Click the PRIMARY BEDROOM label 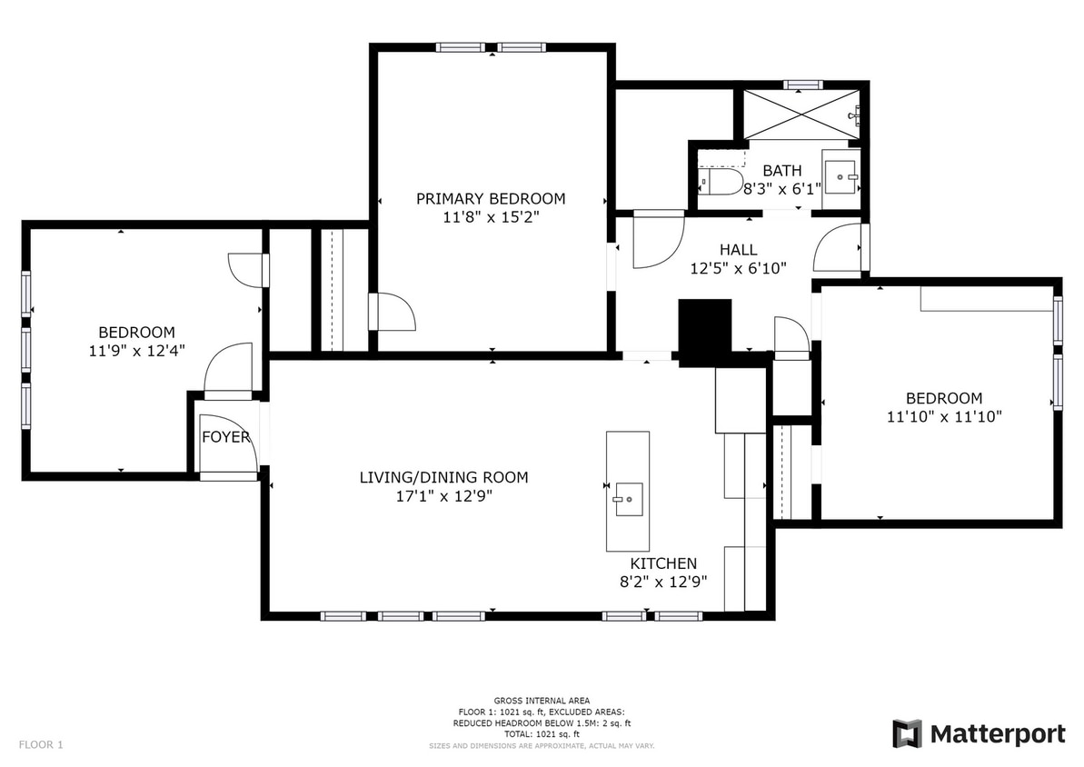[491, 198]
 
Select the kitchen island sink [629, 499]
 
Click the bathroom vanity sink [840, 177]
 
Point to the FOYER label [226, 437]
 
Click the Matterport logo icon [907, 733]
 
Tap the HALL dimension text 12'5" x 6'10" [739, 268]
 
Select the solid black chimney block [705, 332]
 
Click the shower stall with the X [802, 114]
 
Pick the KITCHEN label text [663, 563]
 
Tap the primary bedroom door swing [392, 312]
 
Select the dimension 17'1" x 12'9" [443, 496]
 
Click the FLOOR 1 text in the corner [41, 745]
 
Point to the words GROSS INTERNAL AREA [542, 701]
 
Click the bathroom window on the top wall [802, 85]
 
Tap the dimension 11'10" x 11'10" [944, 416]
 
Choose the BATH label [782, 170]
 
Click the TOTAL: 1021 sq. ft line [542, 733]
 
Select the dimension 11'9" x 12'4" [137, 351]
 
